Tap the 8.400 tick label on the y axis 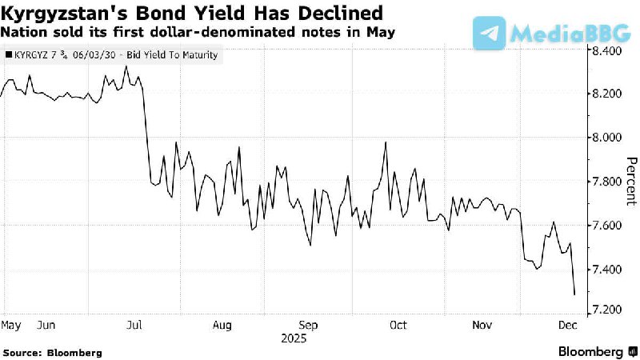tap(606, 51)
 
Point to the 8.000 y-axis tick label tap(606, 138)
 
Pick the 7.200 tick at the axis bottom tap(606, 310)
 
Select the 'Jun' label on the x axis tap(46, 326)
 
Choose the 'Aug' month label tap(222, 326)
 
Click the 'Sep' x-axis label tap(309, 326)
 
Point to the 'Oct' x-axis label tap(398, 326)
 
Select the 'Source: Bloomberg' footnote tap(53, 352)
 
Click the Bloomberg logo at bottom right tap(590, 351)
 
